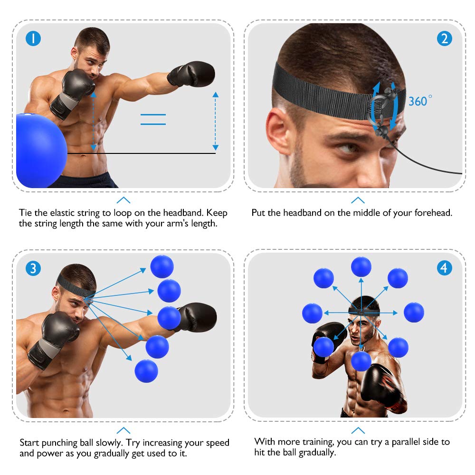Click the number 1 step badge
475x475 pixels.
tap(33, 38)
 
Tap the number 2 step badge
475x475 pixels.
tap(444, 38)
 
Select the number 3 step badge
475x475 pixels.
tap(33, 268)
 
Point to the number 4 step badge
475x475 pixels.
tap(444, 268)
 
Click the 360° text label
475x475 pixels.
tap(420, 101)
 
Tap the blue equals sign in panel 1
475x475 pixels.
tap(153, 119)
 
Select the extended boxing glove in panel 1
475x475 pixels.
tap(192, 74)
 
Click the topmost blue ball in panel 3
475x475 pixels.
tap(162, 266)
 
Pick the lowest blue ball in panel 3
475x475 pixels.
tap(146, 371)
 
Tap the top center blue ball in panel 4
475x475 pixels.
tap(361, 266)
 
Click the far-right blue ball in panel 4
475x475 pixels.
tap(414, 312)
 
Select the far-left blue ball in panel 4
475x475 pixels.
tap(312, 313)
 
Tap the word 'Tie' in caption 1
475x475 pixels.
tap(26, 212)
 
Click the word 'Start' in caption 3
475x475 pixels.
tap(30, 443)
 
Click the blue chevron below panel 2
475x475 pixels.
tap(358, 200)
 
